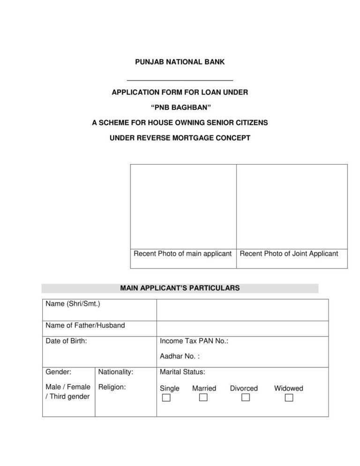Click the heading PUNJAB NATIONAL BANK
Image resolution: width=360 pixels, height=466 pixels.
pyautogui.click(x=180, y=62)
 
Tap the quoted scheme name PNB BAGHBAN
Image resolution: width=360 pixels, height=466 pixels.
pyautogui.click(x=180, y=108)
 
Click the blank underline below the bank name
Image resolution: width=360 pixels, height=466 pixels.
pyautogui.click(x=180, y=80)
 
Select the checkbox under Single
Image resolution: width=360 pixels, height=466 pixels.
pyautogui.click(x=166, y=398)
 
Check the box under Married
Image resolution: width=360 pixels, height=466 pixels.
pyautogui.click(x=203, y=398)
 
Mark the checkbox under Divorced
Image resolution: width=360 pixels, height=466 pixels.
pyautogui.click(x=246, y=398)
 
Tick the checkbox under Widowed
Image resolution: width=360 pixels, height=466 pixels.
pyautogui.click(x=289, y=398)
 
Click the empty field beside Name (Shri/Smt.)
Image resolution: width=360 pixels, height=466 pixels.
pyautogui.click(x=242, y=310)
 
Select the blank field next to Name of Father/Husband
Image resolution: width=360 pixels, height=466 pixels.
pyautogui.click(x=242, y=329)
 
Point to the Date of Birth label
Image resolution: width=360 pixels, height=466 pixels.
pyautogui.click(x=66, y=341)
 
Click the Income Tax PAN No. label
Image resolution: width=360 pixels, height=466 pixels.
pyautogui.click(x=194, y=341)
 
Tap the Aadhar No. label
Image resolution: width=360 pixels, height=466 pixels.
pyautogui.click(x=180, y=357)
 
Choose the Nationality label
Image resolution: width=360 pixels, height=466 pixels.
pyautogui.click(x=116, y=372)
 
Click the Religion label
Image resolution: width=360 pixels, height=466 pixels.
pyautogui.click(x=112, y=388)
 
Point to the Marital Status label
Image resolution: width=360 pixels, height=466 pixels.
pyautogui.click(x=182, y=372)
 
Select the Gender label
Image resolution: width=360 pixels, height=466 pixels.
pyautogui.click(x=59, y=372)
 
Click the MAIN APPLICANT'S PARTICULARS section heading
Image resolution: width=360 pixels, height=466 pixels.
pyautogui.click(x=180, y=288)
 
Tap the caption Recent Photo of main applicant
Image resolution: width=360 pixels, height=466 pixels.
pyautogui.click(x=183, y=254)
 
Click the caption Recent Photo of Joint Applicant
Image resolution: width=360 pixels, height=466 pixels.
pyautogui.click(x=289, y=254)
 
